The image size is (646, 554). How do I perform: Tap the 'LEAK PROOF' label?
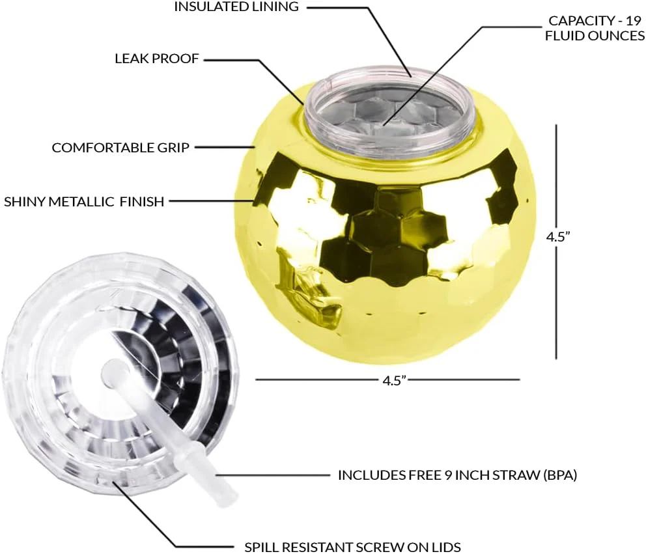click(156, 59)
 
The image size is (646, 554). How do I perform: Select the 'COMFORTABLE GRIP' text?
click(120, 148)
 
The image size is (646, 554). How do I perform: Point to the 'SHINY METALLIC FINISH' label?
click(84, 202)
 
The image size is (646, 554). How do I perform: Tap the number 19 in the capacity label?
click(634, 20)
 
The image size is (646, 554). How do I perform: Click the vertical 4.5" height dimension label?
click(558, 237)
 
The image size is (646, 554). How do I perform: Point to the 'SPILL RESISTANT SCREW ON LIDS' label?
click(352, 547)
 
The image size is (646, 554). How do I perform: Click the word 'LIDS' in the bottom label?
click(445, 547)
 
